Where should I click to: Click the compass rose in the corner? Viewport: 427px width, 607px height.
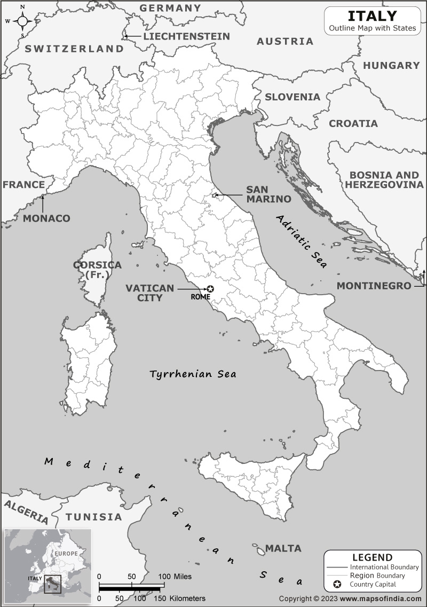pos(22,21)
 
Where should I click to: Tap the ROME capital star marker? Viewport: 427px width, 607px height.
pos(210,289)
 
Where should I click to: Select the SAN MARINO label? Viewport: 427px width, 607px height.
pos(268,194)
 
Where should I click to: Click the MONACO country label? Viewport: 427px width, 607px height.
pos(46,218)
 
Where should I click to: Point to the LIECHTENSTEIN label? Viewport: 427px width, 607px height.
pos(186,36)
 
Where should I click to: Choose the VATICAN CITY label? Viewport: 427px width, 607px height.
pos(149,293)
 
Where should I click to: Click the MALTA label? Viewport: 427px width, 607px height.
pos(283,548)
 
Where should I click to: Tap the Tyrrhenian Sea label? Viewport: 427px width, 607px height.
pos(193,374)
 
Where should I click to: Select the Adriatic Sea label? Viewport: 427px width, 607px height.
pos(303,242)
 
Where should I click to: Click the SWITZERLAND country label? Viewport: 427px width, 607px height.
pos(74,49)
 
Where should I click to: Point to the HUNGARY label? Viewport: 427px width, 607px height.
pos(391,65)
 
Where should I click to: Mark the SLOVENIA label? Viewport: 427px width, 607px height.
pos(292,97)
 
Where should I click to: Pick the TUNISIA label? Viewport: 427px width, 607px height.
pos(93,517)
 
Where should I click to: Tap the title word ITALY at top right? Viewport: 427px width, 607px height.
pos(372,15)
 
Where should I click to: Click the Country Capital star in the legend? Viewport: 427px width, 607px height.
pos(337,585)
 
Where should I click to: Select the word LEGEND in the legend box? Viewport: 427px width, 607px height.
pos(372,557)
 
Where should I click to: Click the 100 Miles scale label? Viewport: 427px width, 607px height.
pos(175,577)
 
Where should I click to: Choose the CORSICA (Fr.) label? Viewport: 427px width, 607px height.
pos(97,270)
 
